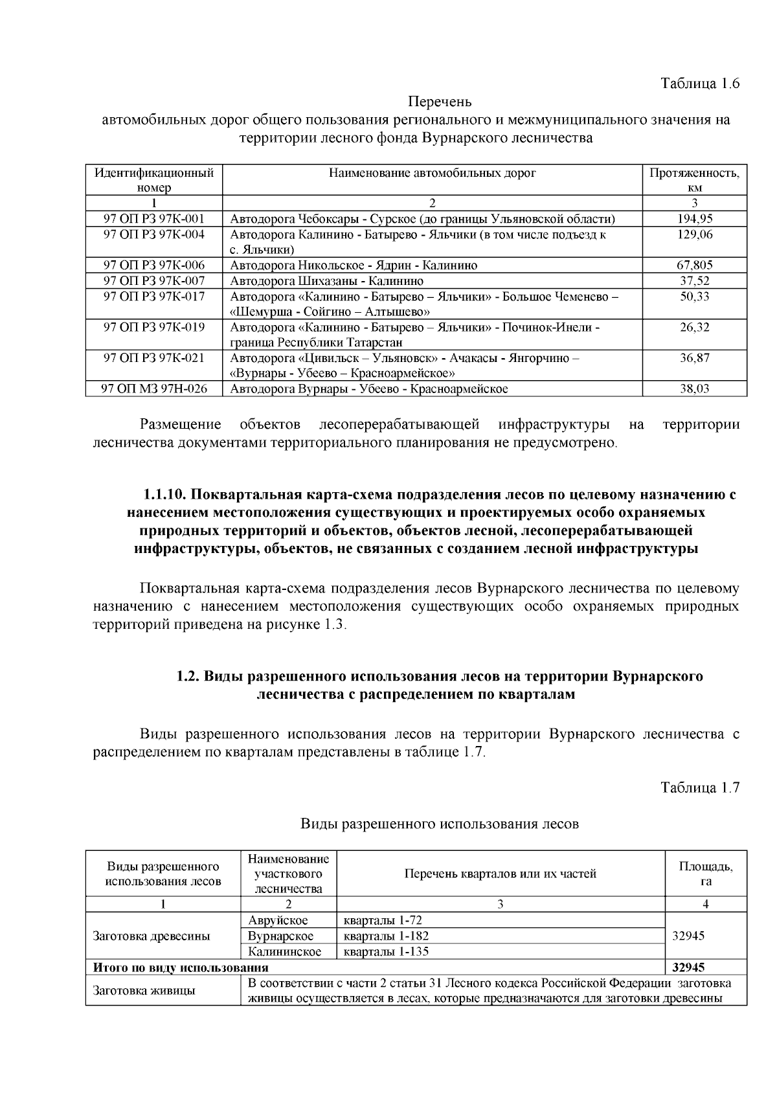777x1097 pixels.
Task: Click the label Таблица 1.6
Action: coord(699,84)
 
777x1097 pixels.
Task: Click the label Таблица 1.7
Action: coord(699,787)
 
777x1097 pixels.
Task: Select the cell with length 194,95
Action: coord(695,219)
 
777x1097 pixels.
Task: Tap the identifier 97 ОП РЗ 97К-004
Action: coord(154,234)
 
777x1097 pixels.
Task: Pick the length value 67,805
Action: coord(695,265)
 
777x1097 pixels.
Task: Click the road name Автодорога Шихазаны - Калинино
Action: coord(327,281)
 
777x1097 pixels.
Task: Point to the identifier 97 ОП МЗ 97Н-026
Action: coord(154,389)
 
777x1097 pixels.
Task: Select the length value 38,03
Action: coord(695,389)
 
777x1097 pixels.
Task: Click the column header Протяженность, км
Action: coord(695,180)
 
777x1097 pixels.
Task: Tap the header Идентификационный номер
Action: coord(154,180)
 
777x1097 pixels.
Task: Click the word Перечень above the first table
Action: coord(440,102)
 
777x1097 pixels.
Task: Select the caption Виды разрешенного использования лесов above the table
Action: coord(440,824)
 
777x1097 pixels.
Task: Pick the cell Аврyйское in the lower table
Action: coord(278,920)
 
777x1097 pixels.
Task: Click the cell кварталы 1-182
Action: coord(386,936)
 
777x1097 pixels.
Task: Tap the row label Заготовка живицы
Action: coord(144,990)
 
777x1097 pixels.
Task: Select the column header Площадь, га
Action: coord(705,874)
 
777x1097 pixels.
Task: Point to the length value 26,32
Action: coord(695,327)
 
